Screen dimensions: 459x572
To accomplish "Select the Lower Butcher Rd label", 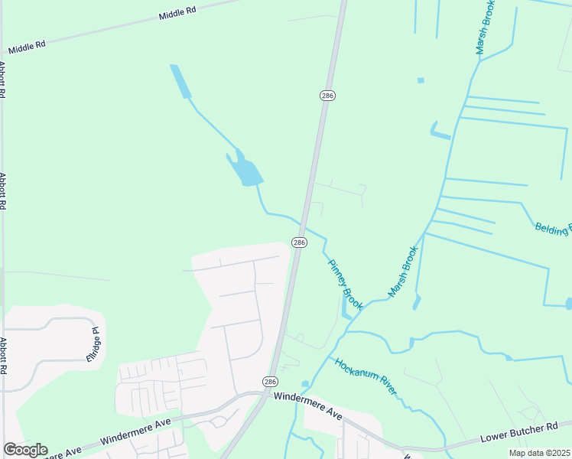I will pos(525,431).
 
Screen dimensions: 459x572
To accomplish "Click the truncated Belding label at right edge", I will pos(553,227).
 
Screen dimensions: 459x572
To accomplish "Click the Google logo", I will pos(25,450).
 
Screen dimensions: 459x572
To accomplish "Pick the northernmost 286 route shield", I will pos(327,96).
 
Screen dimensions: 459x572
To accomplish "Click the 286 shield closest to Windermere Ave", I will pos(271,381).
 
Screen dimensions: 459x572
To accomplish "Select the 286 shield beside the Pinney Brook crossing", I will pos(299,243).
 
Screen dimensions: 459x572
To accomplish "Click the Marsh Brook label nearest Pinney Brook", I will pos(403,272).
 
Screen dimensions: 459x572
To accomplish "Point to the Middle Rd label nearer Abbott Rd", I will pos(27,44).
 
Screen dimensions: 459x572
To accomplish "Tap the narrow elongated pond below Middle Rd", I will pos(180,81).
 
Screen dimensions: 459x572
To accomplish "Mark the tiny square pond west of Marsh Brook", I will pos(421,80).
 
